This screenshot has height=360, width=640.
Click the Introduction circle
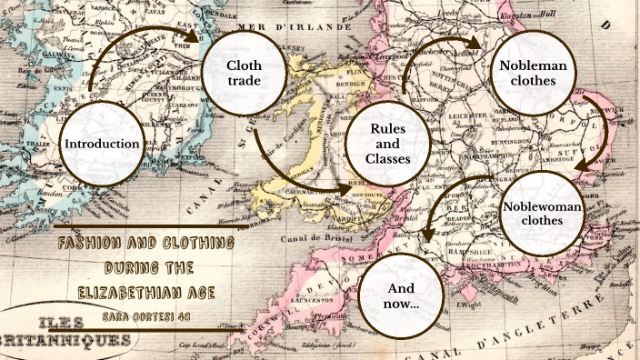pyautogui.click(x=101, y=144)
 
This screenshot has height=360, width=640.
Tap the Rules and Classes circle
pyautogui.click(x=385, y=144)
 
